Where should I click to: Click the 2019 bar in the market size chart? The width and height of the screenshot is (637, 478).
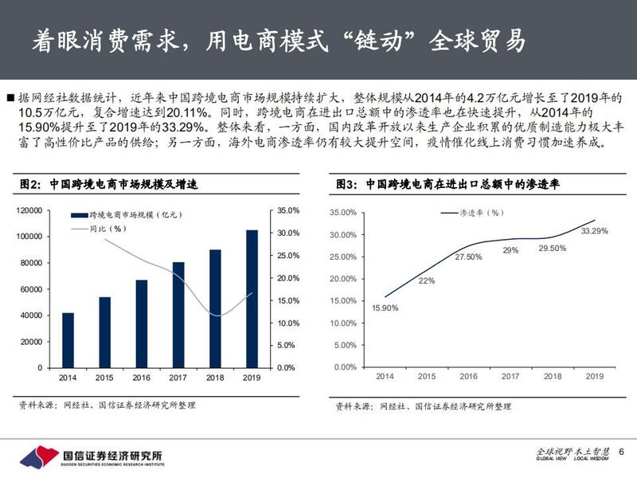[252, 299]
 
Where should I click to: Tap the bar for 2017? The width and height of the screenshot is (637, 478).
[178, 315]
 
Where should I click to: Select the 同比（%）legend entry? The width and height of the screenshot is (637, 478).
[108, 229]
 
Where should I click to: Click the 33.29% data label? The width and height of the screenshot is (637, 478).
[595, 231]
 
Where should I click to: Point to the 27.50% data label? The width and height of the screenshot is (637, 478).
[468, 257]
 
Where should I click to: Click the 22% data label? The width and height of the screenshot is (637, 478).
[427, 280]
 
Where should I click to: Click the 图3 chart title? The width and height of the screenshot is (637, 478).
[448, 184]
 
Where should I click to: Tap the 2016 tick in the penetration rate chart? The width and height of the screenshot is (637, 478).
[468, 376]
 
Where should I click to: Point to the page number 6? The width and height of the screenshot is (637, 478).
[621, 453]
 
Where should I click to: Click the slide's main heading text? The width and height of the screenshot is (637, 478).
[279, 41]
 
